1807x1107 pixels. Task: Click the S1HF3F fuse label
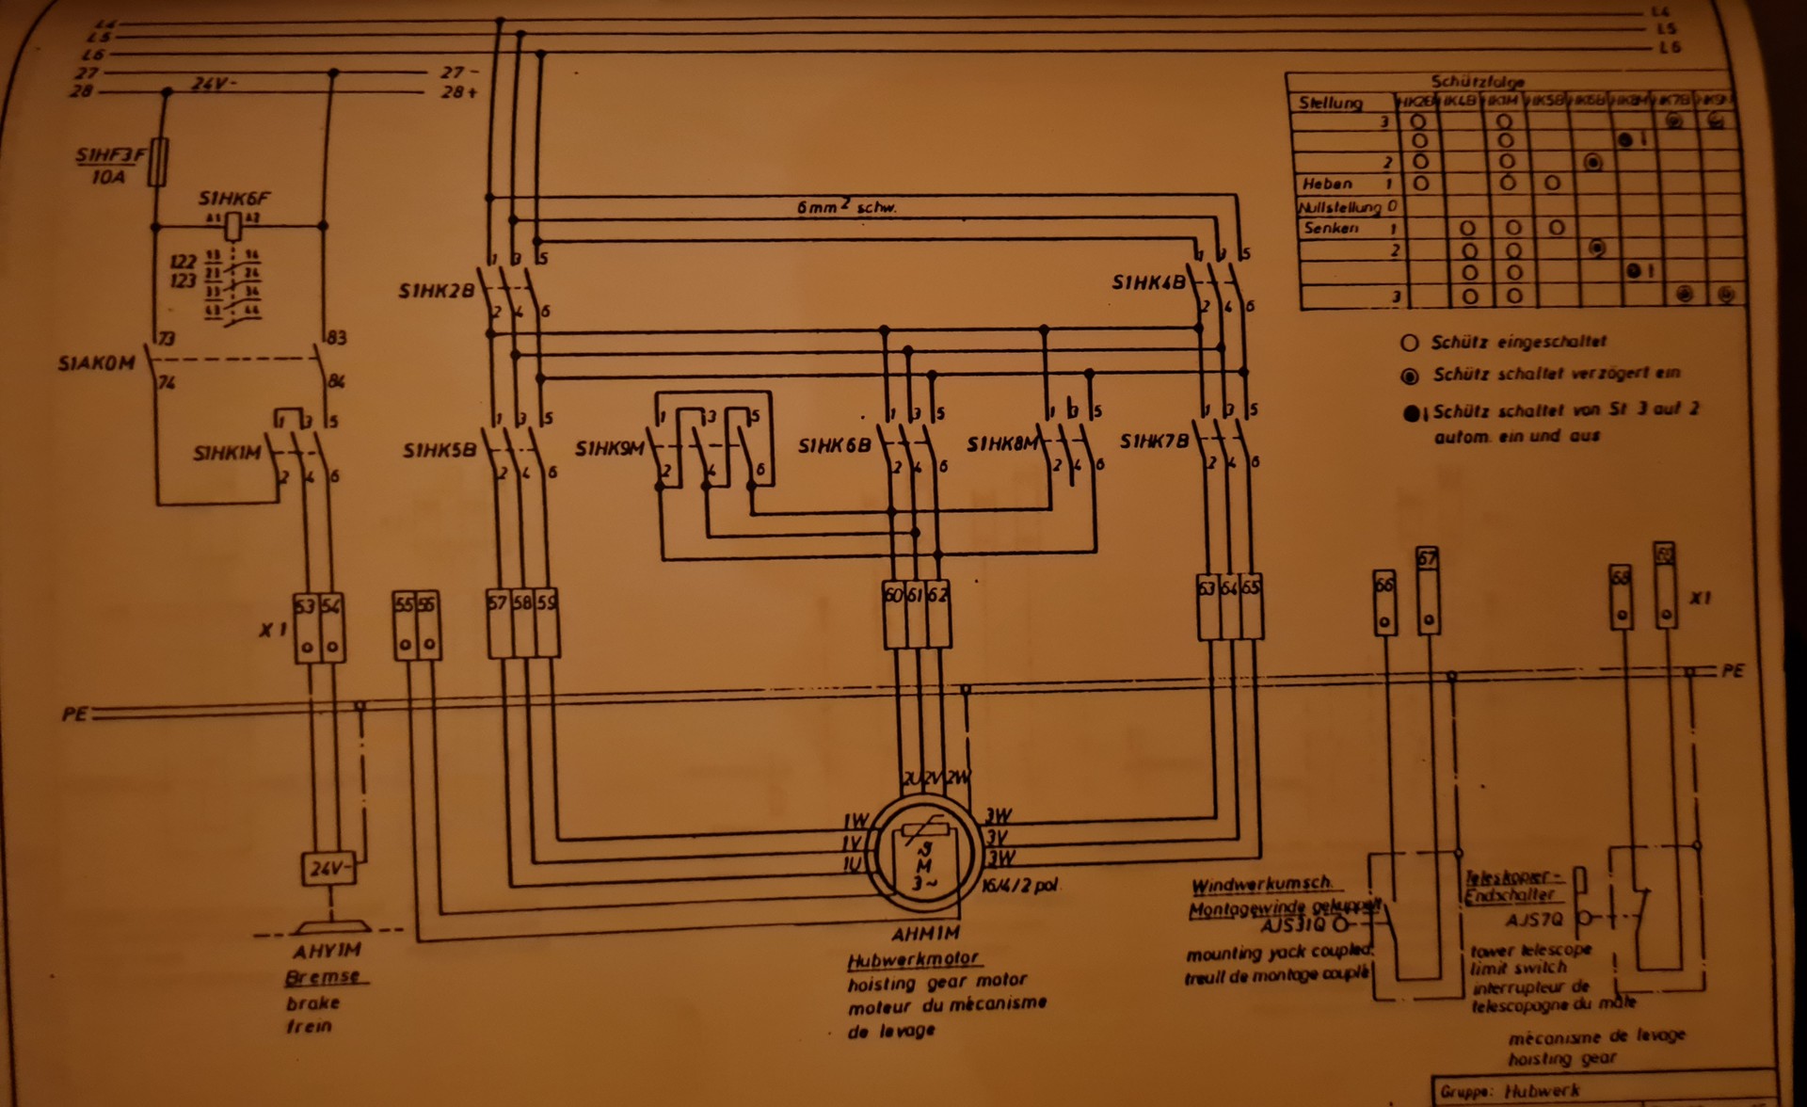tap(111, 155)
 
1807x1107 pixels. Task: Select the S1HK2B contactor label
tap(437, 293)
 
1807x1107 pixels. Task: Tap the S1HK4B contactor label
tap(1148, 282)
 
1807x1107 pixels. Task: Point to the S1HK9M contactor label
tap(610, 449)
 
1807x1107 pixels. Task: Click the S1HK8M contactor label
tap(1002, 444)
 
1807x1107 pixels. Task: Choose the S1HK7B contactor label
tap(1155, 441)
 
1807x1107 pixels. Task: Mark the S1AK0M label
tap(97, 363)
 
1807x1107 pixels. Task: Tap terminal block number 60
tap(892, 595)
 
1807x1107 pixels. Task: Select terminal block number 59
tap(548, 602)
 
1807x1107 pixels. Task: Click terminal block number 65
tap(1251, 588)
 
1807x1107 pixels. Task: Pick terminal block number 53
tap(305, 605)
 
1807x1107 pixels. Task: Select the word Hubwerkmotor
tap(914, 960)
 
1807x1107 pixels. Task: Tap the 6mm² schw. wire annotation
tap(846, 207)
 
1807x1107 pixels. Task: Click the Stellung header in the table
tap(1330, 103)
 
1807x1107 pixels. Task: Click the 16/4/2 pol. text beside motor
tap(1020, 887)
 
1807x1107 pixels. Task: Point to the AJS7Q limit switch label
tap(1534, 919)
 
